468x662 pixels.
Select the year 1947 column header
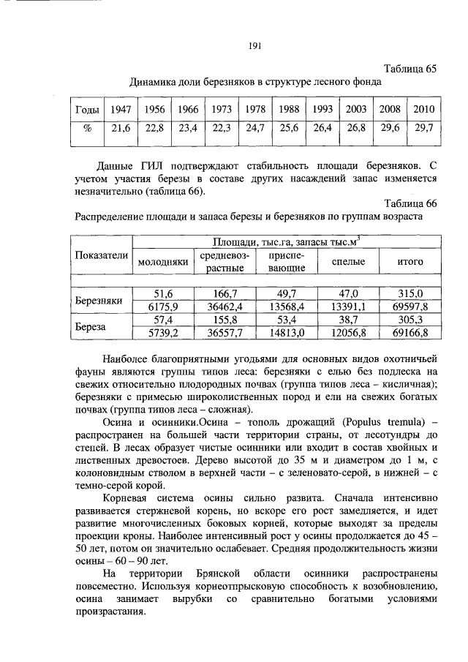(120, 109)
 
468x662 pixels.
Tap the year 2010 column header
(423, 109)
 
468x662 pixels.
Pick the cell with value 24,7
(255, 128)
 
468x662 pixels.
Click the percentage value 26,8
(356, 128)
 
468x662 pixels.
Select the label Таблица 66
(411, 202)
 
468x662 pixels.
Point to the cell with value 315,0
(409, 293)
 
